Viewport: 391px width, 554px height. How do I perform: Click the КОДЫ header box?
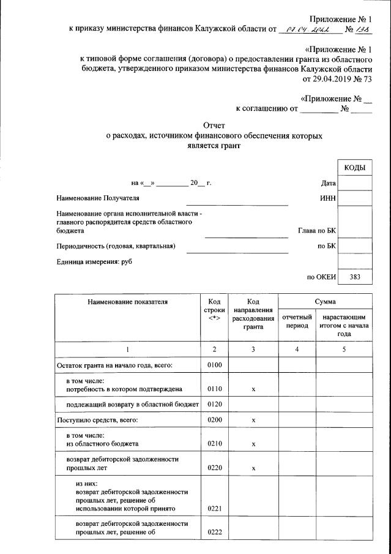click(355, 168)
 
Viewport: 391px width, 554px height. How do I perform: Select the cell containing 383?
click(355, 277)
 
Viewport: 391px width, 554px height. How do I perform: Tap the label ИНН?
click(328, 198)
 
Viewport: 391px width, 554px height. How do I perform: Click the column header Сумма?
click(325, 302)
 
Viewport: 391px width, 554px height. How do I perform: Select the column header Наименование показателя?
click(127, 302)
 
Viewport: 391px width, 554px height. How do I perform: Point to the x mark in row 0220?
click(253, 468)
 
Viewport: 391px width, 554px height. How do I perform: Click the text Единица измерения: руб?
click(94, 262)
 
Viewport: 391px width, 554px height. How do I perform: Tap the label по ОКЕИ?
click(322, 277)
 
